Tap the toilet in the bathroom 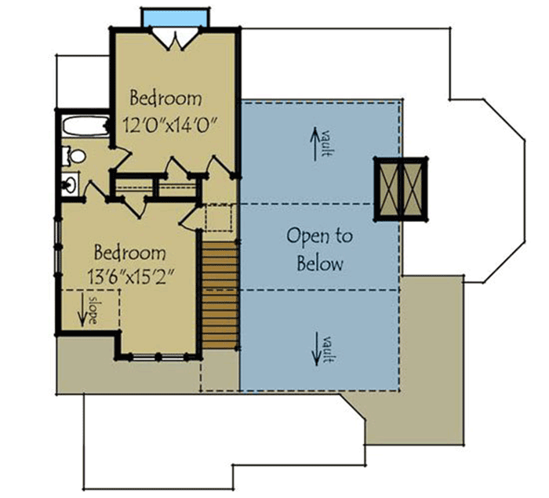point(73,156)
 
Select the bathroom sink point(70,185)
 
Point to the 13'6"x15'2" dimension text point(129,277)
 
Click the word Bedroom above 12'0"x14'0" point(165,99)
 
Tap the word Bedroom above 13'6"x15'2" point(129,253)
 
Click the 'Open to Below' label point(319,249)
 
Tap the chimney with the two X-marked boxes point(402,188)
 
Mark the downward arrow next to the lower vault point(317,349)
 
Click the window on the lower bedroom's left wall point(56,251)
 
